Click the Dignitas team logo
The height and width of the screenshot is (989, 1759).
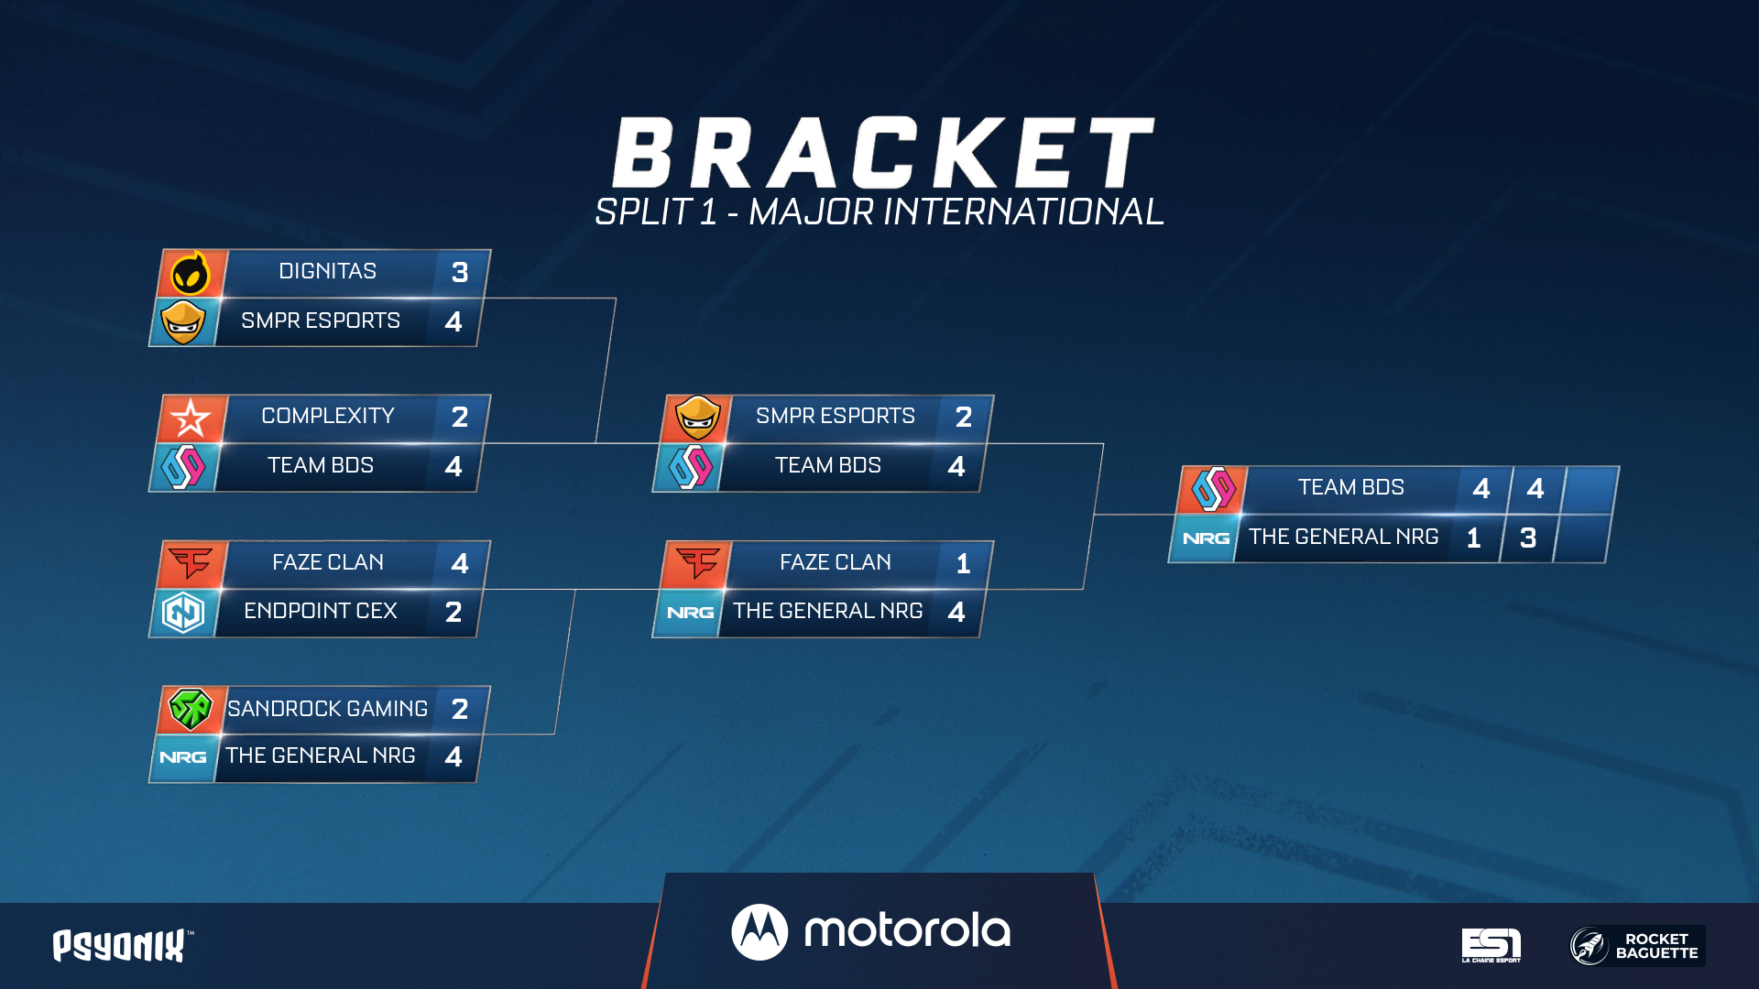click(x=191, y=272)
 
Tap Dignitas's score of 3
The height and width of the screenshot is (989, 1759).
click(x=460, y=272)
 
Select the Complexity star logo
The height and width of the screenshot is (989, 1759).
click(x=191, y=418)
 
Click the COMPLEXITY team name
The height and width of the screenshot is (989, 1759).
click(x=328, y=416)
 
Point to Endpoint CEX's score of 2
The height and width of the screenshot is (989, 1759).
click(x=453, y=612)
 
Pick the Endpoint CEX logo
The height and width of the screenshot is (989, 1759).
click(x=183, y=612)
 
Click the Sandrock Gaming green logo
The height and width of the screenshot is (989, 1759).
click(x=191, y=709)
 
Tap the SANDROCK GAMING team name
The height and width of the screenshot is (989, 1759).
click(x=328, y=709)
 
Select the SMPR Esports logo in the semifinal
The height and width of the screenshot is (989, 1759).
click(x=698, y=418)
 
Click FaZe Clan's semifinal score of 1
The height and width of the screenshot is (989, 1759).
click(x=963, y=563)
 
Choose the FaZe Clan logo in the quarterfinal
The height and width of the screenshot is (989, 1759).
click(x=191, y=562)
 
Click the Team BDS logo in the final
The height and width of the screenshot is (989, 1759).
click(x=1214, y=488)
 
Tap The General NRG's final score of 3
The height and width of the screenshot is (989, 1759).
click(x=1528, y=538)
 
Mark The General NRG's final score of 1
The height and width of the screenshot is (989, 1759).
click(x=1473, y=538)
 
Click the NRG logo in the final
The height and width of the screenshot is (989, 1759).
click(x=1206, y=538)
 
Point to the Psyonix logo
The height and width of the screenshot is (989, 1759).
click(x=123, y=946)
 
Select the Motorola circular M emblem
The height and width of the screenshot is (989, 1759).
click(x=759, y=932)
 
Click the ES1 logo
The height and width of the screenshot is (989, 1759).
click(x=1491, y=945)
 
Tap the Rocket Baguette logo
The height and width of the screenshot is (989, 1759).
click(x=1637, y=946)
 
